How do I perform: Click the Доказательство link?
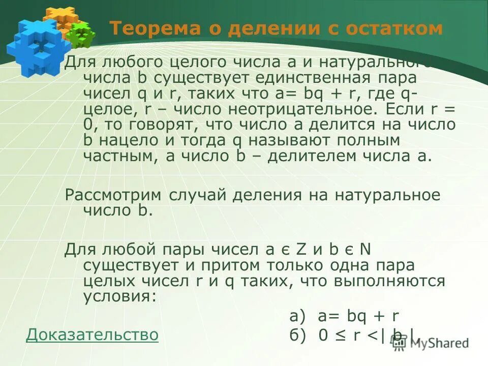coord(92,335)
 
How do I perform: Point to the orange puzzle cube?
coord(60,19)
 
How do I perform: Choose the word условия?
coord(117,296)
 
